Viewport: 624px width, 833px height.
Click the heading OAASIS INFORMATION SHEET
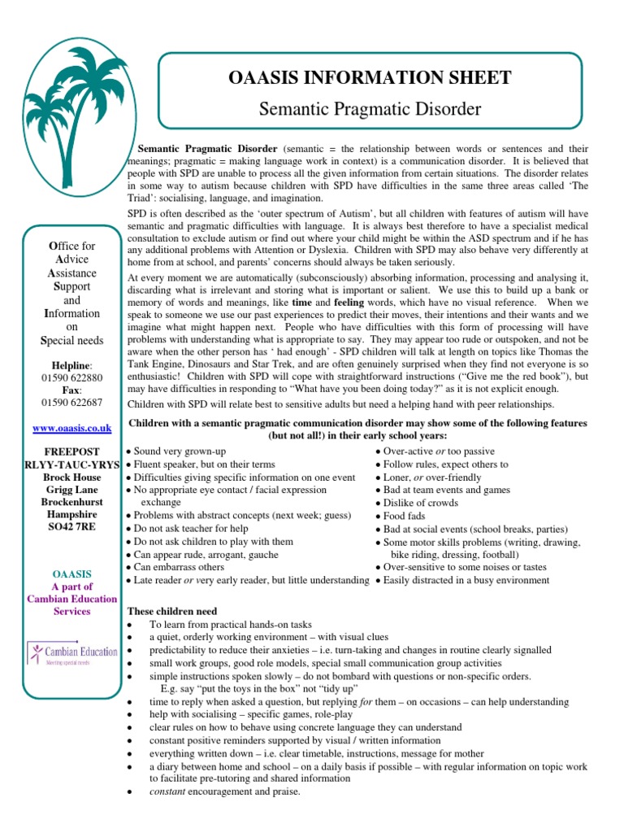[370, 78]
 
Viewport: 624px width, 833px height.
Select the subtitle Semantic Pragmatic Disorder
[370, 108]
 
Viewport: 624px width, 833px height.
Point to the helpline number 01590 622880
[71, 378]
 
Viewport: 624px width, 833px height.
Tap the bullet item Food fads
[408, 516]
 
